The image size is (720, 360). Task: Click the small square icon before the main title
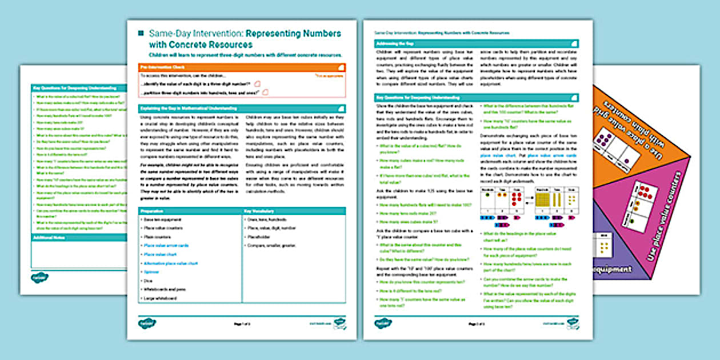[x=141, y=34]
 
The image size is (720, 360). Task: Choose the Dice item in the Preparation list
[x=147, y=281]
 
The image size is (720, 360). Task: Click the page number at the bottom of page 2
[x=472, y=324]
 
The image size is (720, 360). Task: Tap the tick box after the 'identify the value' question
[x=257, y=83]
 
